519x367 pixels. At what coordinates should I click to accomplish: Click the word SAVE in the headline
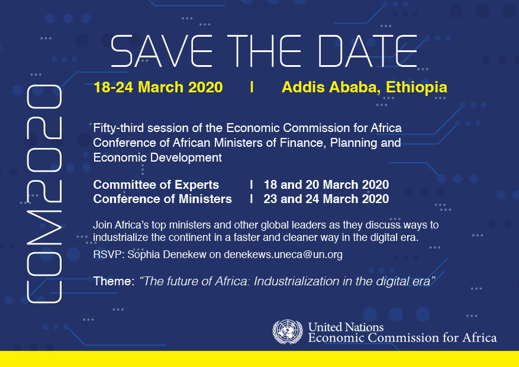coord(162,51)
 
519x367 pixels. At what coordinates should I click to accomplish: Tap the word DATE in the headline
coord(368,51)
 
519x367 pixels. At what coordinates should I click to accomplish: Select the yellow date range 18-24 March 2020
coord(158,87)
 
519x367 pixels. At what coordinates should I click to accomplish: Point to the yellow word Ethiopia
coord(417,88)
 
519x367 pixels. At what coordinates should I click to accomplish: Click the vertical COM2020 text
coord(44,194)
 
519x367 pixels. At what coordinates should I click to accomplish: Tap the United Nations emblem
coord(287,331)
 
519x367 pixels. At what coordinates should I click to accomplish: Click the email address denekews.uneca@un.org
coord(283,255)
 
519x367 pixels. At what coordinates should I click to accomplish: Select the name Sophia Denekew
coord(167,255)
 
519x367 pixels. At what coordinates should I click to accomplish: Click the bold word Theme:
coord(114,281)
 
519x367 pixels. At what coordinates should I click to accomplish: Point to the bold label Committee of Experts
coord(156,185)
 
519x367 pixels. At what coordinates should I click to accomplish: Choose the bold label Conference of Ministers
coord(163,199)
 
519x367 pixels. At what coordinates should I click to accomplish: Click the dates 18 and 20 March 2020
coord(326,185)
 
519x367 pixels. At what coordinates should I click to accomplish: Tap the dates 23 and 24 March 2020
coord(326,199)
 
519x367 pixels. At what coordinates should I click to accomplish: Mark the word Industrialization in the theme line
coord(296,281)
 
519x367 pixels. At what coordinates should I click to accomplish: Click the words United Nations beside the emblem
coord(346,327)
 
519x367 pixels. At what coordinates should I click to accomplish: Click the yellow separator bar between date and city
coord(252,86)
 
